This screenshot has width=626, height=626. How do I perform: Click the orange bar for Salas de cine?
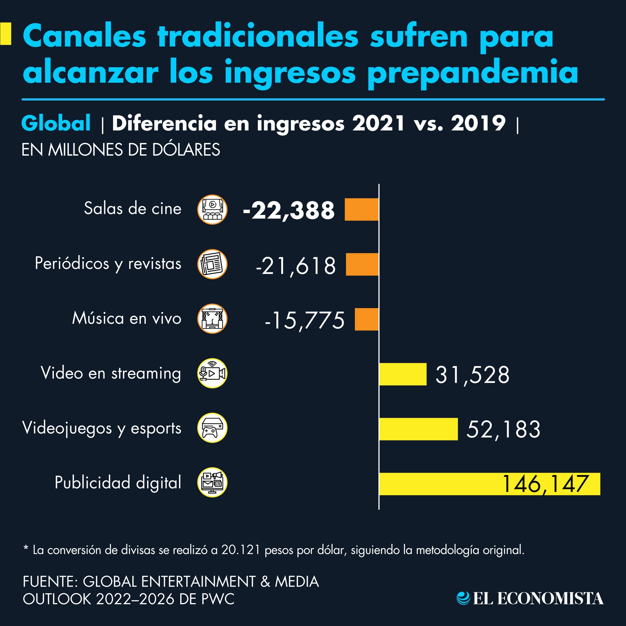click(361, 210)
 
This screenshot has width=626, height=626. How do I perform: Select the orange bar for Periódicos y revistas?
click(362, 264)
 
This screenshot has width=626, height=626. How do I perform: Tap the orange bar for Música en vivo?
click(366, 319)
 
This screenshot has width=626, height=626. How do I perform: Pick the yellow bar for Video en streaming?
click(403, 374)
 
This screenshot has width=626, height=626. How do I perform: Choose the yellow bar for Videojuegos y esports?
click(418, 429)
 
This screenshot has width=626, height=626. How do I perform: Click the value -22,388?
click(288, 211)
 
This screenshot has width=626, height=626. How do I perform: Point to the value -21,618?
click(296, 266)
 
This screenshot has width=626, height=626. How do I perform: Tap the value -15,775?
click(304, 320)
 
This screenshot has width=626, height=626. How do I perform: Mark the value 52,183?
click(503, 430)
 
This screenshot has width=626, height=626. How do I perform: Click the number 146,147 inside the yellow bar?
click(544, 484)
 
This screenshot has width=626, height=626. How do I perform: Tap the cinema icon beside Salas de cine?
click(212, 210)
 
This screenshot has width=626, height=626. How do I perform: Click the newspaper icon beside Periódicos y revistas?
click(212, 264)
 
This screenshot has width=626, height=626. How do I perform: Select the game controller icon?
click(212, 428)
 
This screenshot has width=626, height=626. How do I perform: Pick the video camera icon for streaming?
click(212, 373)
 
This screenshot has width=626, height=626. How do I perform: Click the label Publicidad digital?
click(118, 482)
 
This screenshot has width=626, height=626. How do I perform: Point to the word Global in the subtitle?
click(56, 123)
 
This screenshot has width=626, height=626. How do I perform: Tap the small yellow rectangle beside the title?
click(6, 34)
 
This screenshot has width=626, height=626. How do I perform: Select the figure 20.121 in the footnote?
click(241, 550)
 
